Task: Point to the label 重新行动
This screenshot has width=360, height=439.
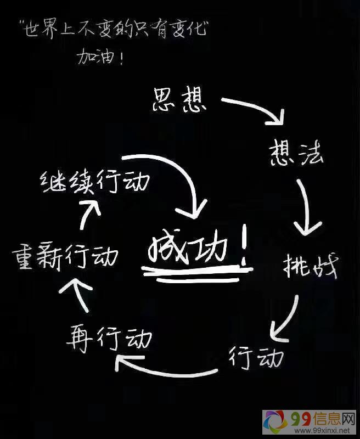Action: pos(65,255)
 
